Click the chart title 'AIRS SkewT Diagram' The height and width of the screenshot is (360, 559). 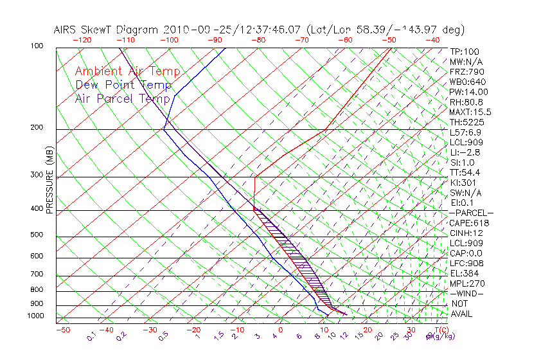pyautogui.click(x=107, y=30)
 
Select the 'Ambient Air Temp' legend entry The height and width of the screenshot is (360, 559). pyautogui.click(x=127, y=71)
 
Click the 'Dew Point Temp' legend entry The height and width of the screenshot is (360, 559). pyautogui.click(x=123, y=85)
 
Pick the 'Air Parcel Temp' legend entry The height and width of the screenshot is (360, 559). pyautogui.click(x=122, y=98)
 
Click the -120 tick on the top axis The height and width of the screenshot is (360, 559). pyautogui.click(x=82, y=39)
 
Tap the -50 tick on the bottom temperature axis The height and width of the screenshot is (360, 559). pyautogui.click(x=62, y=330)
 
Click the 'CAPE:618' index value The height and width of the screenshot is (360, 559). pyautogui.click(x=469, y=223)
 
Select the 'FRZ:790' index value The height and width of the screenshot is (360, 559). pyautogui.click(x=466, y=71)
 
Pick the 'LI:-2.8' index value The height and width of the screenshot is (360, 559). pyautogui.click(x=465, y=152)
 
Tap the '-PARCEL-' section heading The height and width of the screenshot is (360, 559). pyautogui.click(x=471, y=213)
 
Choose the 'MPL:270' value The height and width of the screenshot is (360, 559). pyautogui.click(x=466, y=283)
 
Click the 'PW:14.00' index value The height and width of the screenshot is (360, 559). pyautogui.click(x=469, y=92)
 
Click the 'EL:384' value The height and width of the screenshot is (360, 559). pyautogui.click(x=464, y=273)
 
